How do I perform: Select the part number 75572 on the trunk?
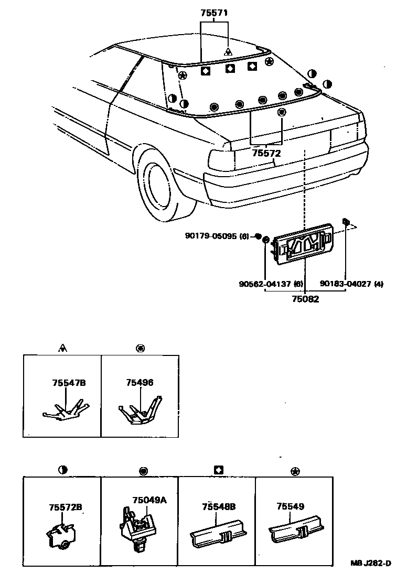266,154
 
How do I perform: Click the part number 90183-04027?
346,284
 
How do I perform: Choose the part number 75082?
305,300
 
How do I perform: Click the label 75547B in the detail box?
69,383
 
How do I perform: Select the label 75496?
140,383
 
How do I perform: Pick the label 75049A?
149,500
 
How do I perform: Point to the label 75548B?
218,506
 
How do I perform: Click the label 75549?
291,506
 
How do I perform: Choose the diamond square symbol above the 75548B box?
219,470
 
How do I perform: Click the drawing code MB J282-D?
371,564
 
